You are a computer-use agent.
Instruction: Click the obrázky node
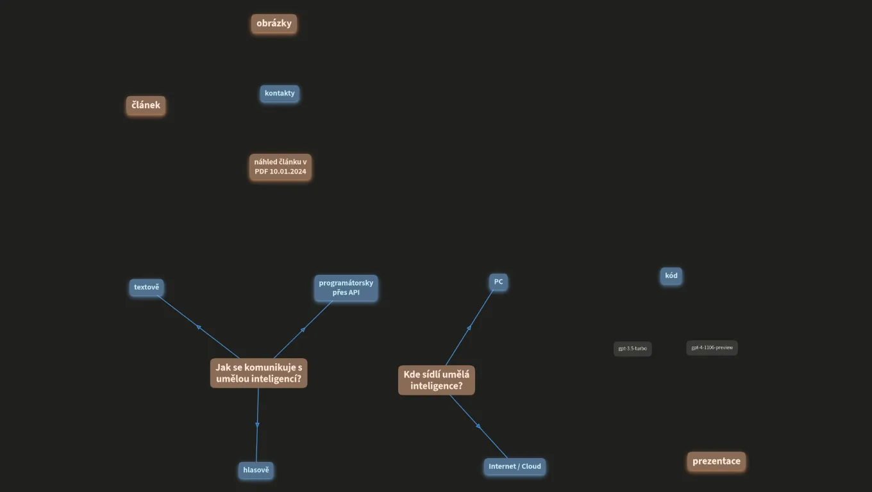[274, 24]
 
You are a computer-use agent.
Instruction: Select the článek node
[146, 106]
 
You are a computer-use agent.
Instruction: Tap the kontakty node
[280, 94]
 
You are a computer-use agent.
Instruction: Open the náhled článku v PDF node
[280, 167]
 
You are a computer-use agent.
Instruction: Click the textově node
[146, 288]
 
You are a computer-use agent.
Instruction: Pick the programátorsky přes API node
[346, 288]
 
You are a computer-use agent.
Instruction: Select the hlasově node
[256, 470]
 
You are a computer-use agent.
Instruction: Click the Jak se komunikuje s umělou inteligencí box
[258, 373]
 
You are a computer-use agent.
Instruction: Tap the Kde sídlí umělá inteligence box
[437, 380]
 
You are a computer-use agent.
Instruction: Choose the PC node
[498, 282]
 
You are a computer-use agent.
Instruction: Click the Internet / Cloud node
[515, 467]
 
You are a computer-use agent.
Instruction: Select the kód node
[671, 276]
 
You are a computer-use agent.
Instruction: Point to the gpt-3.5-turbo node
[633, 349]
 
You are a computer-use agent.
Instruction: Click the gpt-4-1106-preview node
[712, 348]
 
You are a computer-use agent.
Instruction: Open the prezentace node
[716, 462]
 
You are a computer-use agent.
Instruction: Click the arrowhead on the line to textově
[199, 327]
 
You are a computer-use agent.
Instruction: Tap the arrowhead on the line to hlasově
[257, 425]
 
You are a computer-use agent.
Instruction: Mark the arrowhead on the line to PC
[469, 328]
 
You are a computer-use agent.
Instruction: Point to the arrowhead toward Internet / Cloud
[478, 426]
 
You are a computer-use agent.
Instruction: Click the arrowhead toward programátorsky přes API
[303, 330]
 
